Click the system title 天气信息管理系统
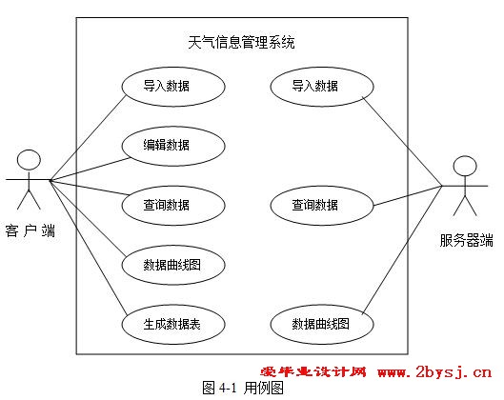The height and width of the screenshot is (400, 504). pos(241,43)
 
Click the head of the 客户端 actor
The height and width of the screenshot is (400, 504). pos(29,160)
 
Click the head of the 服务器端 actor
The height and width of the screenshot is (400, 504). pos(465,166)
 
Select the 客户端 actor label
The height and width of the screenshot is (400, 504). pos(30,231)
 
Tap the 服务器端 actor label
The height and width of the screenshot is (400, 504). pos(467,240)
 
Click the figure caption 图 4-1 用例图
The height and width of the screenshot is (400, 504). pos(243,388)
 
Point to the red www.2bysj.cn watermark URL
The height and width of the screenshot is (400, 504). pos(434,372)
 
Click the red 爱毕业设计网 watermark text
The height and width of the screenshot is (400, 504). pos(313,372)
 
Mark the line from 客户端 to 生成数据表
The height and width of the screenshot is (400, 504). pos(89,247)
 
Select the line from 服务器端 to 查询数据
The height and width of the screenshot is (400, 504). pos(408,195)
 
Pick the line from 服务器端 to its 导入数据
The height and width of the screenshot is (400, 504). pos(402,141)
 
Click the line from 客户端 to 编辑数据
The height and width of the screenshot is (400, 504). pos(90,169)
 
